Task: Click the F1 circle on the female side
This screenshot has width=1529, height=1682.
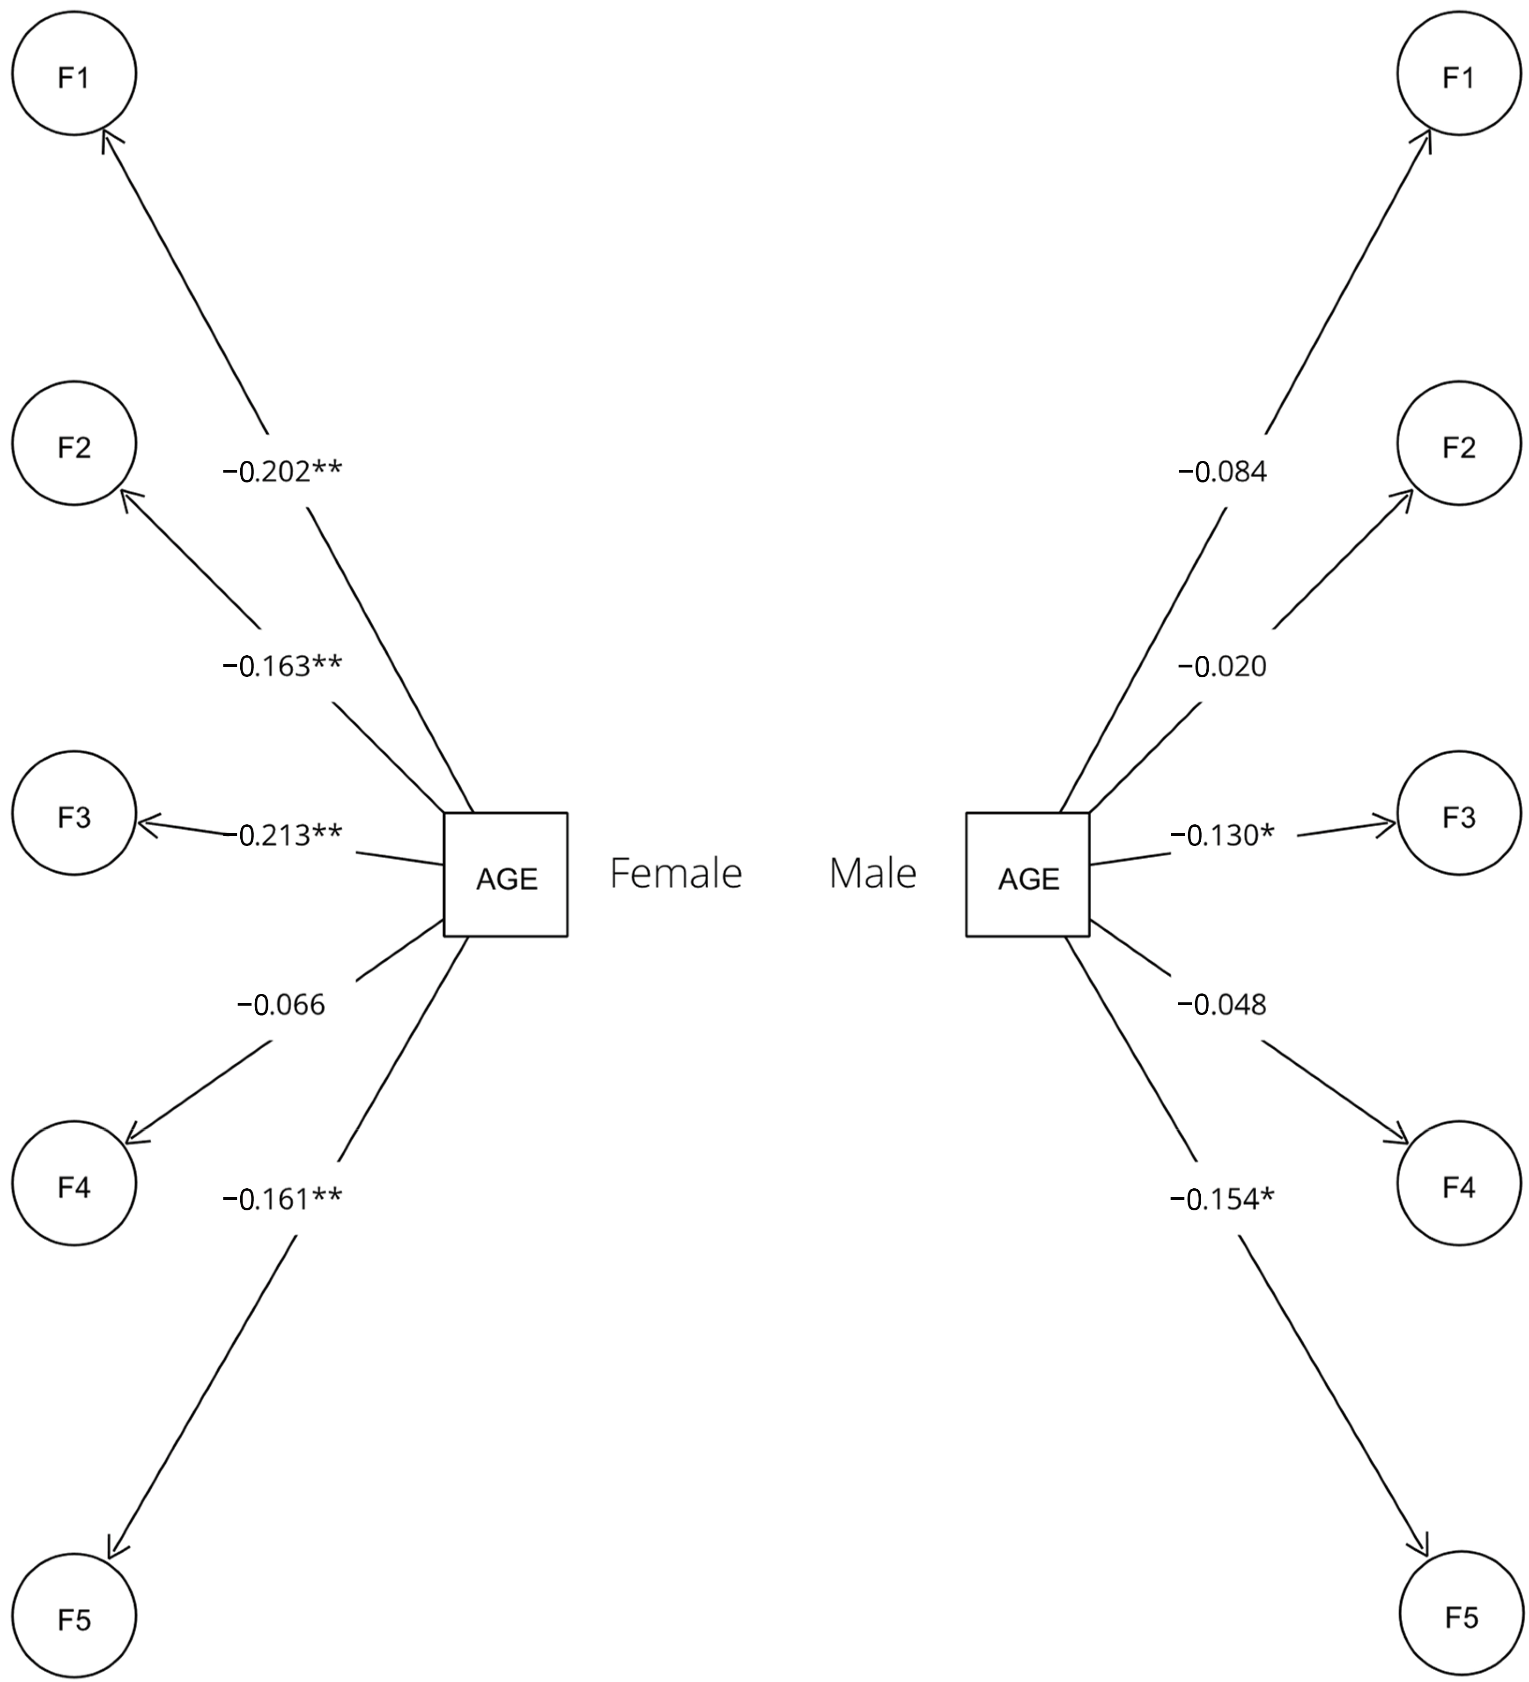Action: pyautogui.click(x=74, y=74)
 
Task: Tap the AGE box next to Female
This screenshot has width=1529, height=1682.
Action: pyautogui.click(x=505, y=874)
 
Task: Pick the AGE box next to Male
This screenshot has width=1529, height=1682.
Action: pyautogui.click(x=1027, y=874)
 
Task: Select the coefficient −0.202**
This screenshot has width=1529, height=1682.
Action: pyautogui.click(x=282, y=471)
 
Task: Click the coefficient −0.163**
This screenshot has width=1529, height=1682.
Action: pyautogui.click(x=282, y=666)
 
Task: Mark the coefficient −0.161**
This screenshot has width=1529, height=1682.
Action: pyautogui.click(x=282, y=1199)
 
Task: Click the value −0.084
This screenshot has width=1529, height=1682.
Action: pyautogui.click(x=1222, y=471)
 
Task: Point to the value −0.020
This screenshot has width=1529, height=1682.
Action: pyautogui.click(x=1222, y=666)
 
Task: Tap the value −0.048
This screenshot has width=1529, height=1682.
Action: pyautogui.click(x=1222, y=1005)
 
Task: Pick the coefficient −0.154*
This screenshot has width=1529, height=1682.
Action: pyautogui.click(x=1222, y=1199)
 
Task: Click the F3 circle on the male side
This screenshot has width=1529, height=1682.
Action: pyautogui.click(x=1459, y=814)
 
